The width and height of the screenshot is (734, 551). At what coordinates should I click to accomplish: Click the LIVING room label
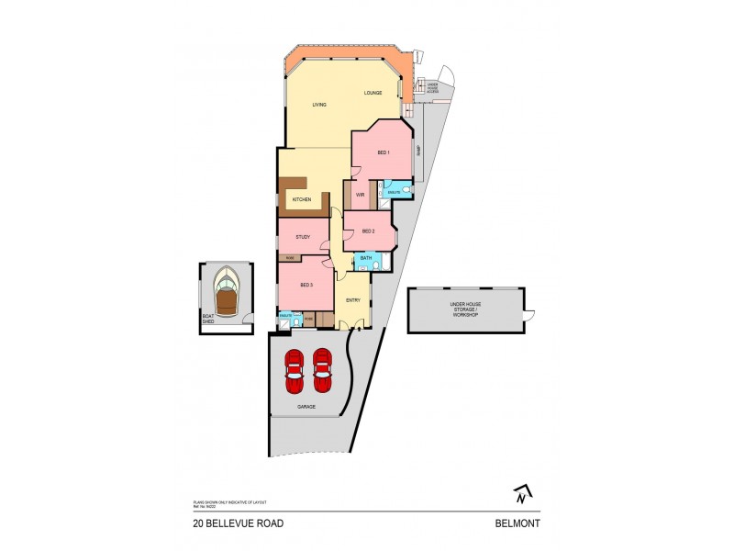318,105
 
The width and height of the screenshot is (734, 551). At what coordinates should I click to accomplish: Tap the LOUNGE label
372,93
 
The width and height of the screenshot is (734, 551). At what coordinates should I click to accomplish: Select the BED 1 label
384,152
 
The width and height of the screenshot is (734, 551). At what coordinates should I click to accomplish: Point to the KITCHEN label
302,199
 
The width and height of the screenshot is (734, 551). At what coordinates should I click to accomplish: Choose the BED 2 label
369,231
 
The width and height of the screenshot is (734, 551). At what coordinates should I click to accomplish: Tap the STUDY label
303,237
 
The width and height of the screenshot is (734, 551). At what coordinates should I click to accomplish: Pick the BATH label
365,260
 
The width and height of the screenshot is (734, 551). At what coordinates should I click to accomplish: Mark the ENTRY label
353,300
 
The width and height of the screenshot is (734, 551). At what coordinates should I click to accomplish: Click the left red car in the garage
294,365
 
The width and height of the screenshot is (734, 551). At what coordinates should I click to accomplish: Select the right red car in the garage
322,365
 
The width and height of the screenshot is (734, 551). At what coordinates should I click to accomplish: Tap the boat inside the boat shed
226,291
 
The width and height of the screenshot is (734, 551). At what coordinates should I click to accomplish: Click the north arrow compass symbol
521,494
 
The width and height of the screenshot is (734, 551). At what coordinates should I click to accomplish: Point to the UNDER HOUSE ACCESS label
433,87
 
